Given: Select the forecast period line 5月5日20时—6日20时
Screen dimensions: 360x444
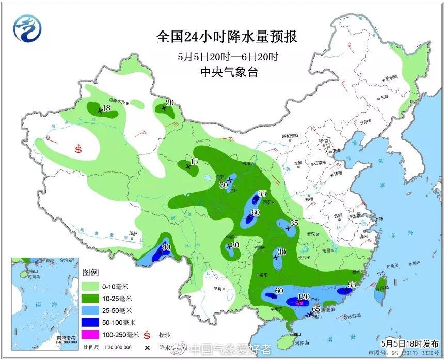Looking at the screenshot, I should (x=228, y=56).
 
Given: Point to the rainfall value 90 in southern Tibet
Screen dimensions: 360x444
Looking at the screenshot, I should (x=166, y=247).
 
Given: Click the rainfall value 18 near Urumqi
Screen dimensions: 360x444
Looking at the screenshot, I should (x=106, y=108).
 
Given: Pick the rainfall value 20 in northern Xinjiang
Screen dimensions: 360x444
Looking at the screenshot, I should (x=169, y=102).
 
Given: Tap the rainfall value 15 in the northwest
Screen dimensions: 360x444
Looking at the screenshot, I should (x=194, y=162).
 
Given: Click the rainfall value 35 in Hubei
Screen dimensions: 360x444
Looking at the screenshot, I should (x=295, y=223).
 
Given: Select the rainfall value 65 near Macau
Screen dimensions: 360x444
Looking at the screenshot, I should (x=317, y=309).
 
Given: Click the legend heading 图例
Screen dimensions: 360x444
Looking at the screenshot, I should (x=90, y=272).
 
